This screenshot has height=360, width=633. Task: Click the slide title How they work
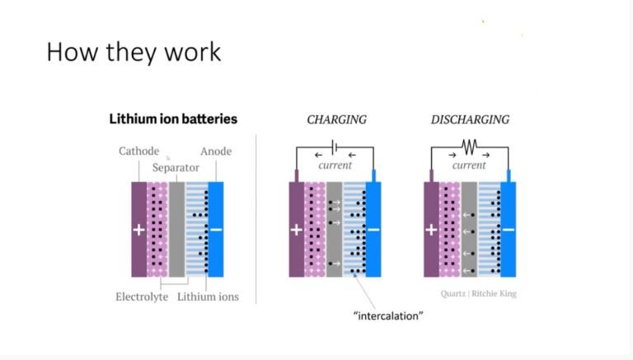tap(134, 52)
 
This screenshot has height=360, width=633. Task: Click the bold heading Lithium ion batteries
tap(173, 119)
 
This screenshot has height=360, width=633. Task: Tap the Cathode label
tap(138, 152)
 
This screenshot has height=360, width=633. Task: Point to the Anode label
tap(216, 152)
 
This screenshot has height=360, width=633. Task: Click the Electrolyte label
tap(142, 297)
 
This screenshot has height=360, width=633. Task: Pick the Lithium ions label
tap(208, 297)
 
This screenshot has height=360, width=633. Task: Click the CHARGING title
tap(336, 120)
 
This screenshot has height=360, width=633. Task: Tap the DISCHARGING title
tap(470, 120)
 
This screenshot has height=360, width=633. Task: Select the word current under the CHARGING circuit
tap(335, 166)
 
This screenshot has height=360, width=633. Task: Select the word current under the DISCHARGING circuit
tap(469, 166)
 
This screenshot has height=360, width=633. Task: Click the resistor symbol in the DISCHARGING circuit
tap(469, 147)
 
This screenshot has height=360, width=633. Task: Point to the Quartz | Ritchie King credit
tap(478, 293)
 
